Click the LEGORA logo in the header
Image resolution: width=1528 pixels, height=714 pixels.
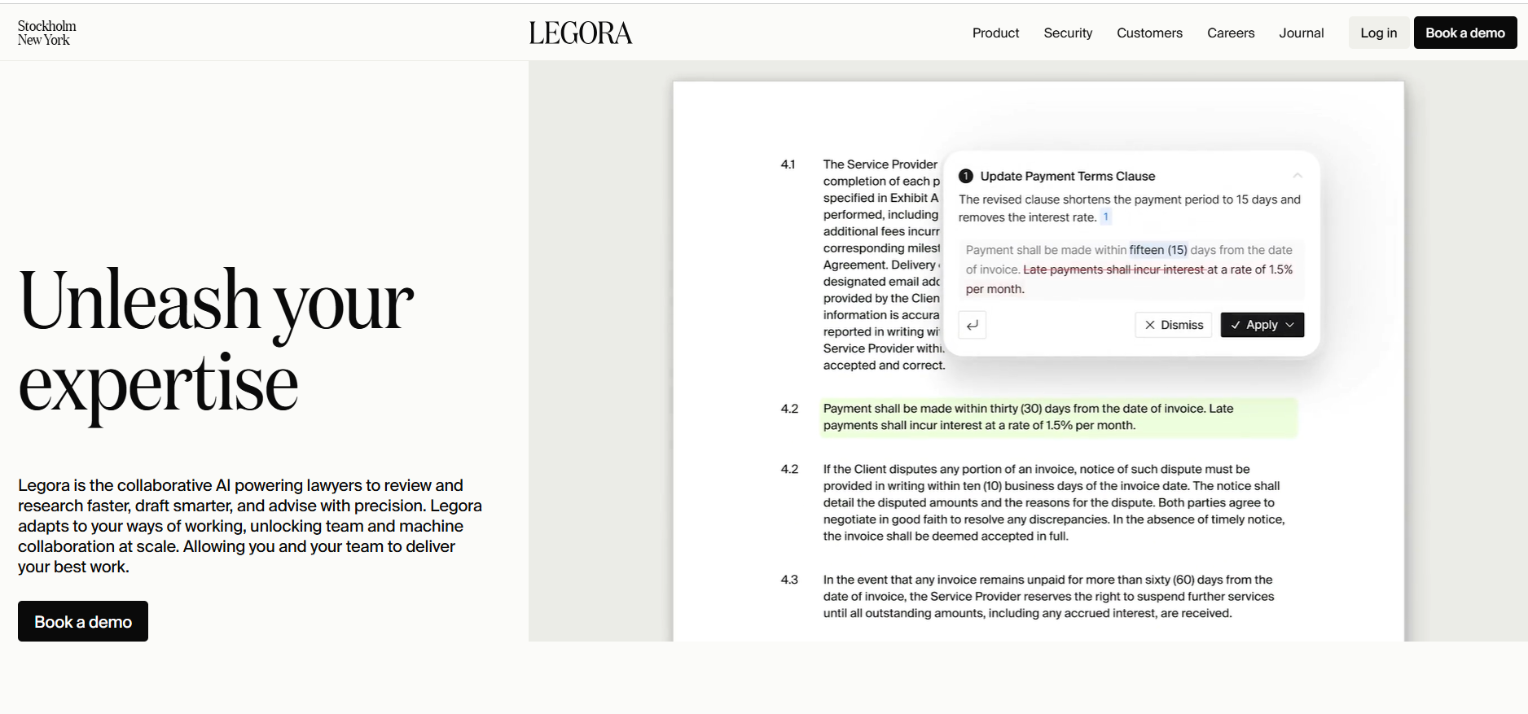click(x=580, y=33)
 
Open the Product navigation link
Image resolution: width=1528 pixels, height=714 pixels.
click(x=995, y=33)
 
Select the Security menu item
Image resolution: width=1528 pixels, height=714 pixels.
click(x=1068, y=33)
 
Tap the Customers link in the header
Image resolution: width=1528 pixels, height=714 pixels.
click(x=1149, y=33)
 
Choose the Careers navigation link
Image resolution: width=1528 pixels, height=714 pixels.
click(x=1231, y=33)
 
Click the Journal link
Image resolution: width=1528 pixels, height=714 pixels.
click(x=1301, y=33)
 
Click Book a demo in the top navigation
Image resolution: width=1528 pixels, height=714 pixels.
click(x=1464, y=33)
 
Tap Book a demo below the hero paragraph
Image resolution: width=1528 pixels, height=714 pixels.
click(x=83, y=621)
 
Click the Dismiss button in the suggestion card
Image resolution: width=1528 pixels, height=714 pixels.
click(x=1173, y=325)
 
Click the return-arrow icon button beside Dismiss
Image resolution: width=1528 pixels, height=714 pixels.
click(x=973, y=325)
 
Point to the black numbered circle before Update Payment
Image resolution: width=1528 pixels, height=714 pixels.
click(x=966, y=176)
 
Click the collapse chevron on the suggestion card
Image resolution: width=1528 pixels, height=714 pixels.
click(x=1297, y=176)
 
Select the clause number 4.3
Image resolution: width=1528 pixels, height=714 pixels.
click(x=789, y=580)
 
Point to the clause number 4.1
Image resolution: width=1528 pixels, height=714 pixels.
click(x=788, y=164)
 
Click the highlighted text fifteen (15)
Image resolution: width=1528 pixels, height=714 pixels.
click(x=1158, y=250)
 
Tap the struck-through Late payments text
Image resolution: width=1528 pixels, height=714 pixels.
click(x=1113, y=269)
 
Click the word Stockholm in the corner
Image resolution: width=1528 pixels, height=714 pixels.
click(x=47, y=26)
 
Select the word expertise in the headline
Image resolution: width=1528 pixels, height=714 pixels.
click(x=158, y=384)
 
